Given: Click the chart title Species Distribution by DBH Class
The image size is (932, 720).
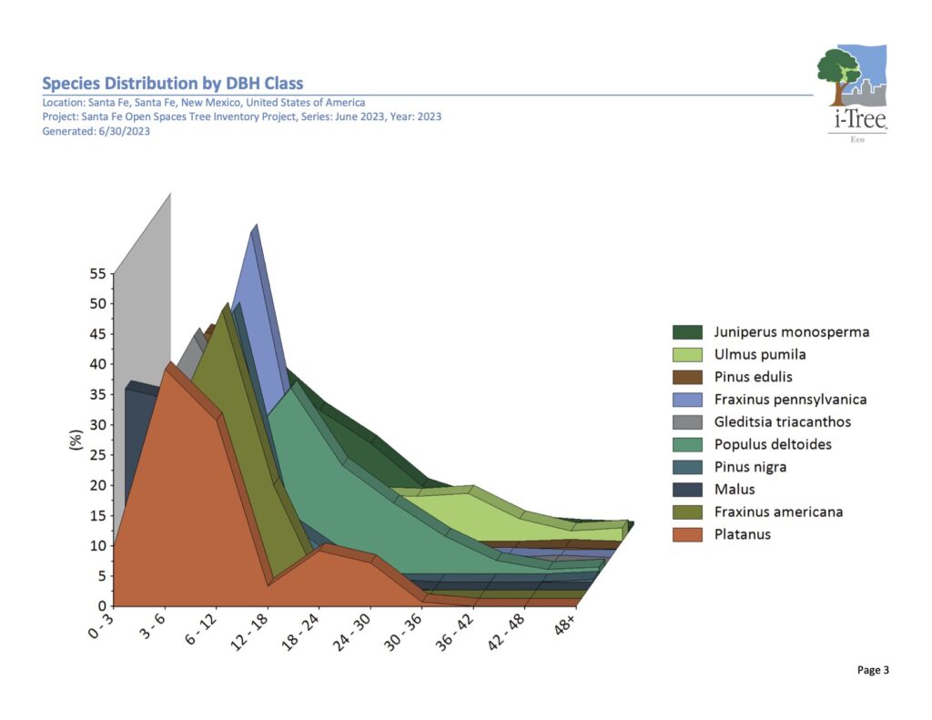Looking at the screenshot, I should [x=173, y=84].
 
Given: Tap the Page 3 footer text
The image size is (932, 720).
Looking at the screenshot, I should [x=872, y=670].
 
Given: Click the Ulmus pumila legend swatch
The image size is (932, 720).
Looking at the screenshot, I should [x=687, y=354].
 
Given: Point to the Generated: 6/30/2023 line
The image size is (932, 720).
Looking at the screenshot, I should [x=96, y=131].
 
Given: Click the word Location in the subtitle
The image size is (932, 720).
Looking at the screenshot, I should [x=62, y=103].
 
